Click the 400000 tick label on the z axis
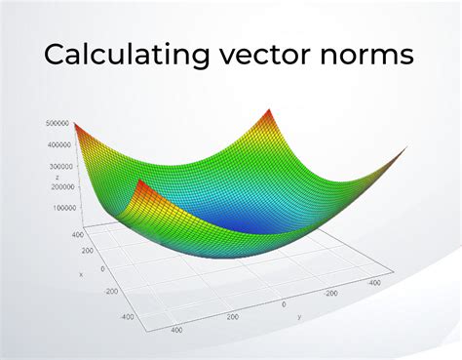[58, 144]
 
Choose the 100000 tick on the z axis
[64, 207]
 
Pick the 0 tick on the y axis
[284, 303]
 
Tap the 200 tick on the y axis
[232, 317]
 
